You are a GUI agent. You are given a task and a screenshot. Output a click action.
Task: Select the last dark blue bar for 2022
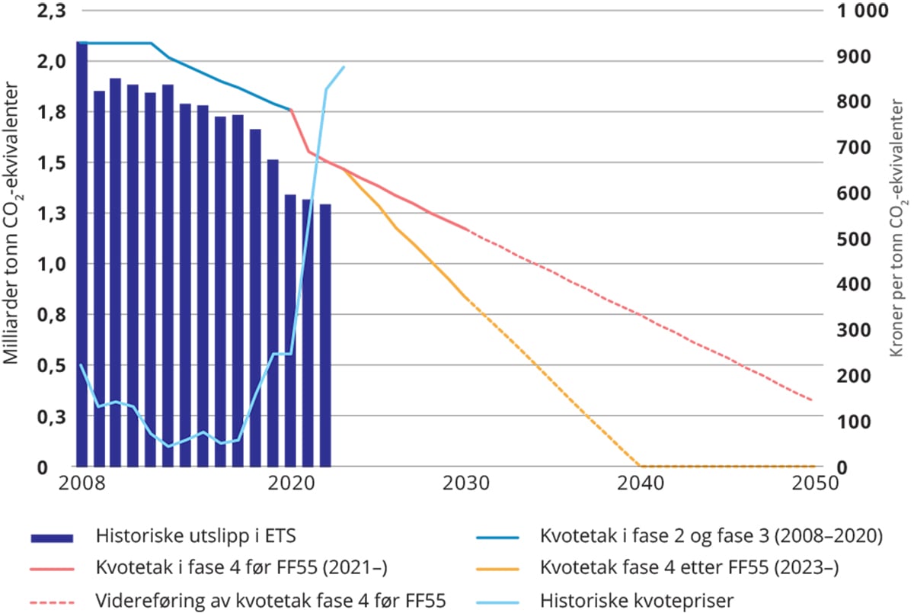pos(325,335)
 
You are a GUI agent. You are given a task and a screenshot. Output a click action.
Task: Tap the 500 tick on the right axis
pos(852,239)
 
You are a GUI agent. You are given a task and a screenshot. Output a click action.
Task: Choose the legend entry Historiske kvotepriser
pos(637,601)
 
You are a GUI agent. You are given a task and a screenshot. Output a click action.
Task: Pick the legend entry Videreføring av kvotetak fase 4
pos(271,601)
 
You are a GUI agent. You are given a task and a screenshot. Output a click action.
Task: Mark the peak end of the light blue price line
pos(344,67)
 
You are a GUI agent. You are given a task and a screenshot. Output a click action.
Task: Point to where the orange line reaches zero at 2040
pos(641,466)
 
